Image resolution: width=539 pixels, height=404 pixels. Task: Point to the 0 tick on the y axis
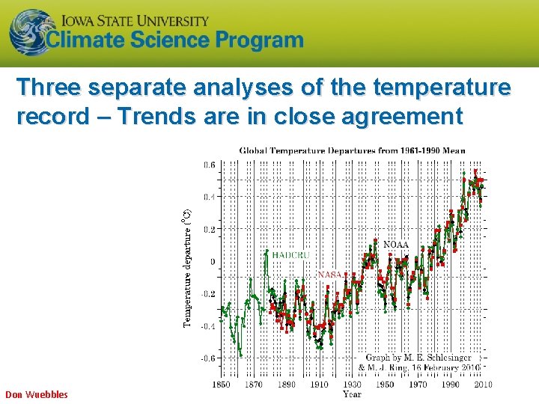click(x=212, y=262)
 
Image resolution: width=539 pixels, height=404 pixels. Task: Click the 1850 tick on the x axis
click(x=222, y=385)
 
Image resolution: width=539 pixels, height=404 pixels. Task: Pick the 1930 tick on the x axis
click(x=352, y=385)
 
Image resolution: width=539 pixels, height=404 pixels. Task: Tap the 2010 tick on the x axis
click(x=482, y=385)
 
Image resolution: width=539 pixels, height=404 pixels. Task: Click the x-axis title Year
click(x=352, y=394)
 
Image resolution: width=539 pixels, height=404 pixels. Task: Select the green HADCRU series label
click(x=290, y=255)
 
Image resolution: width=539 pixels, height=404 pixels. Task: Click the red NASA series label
click(x=329, y=275)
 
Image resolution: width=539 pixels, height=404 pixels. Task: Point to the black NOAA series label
click(x=396, y=245)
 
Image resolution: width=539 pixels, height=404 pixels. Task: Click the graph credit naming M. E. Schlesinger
click(x=418, y=358)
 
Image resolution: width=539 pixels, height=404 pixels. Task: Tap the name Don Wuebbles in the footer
click(x=37, y=394)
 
